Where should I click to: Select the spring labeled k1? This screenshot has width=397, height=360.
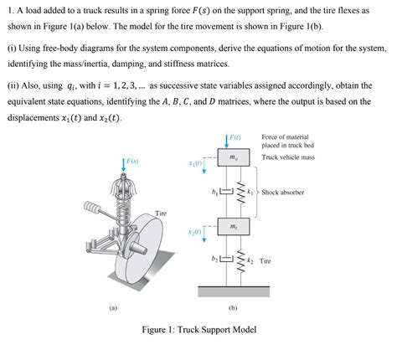pos(239,193)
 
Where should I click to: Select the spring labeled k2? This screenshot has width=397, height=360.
pos(239,260)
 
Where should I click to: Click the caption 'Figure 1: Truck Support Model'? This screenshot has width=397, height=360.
pos(198,330)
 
